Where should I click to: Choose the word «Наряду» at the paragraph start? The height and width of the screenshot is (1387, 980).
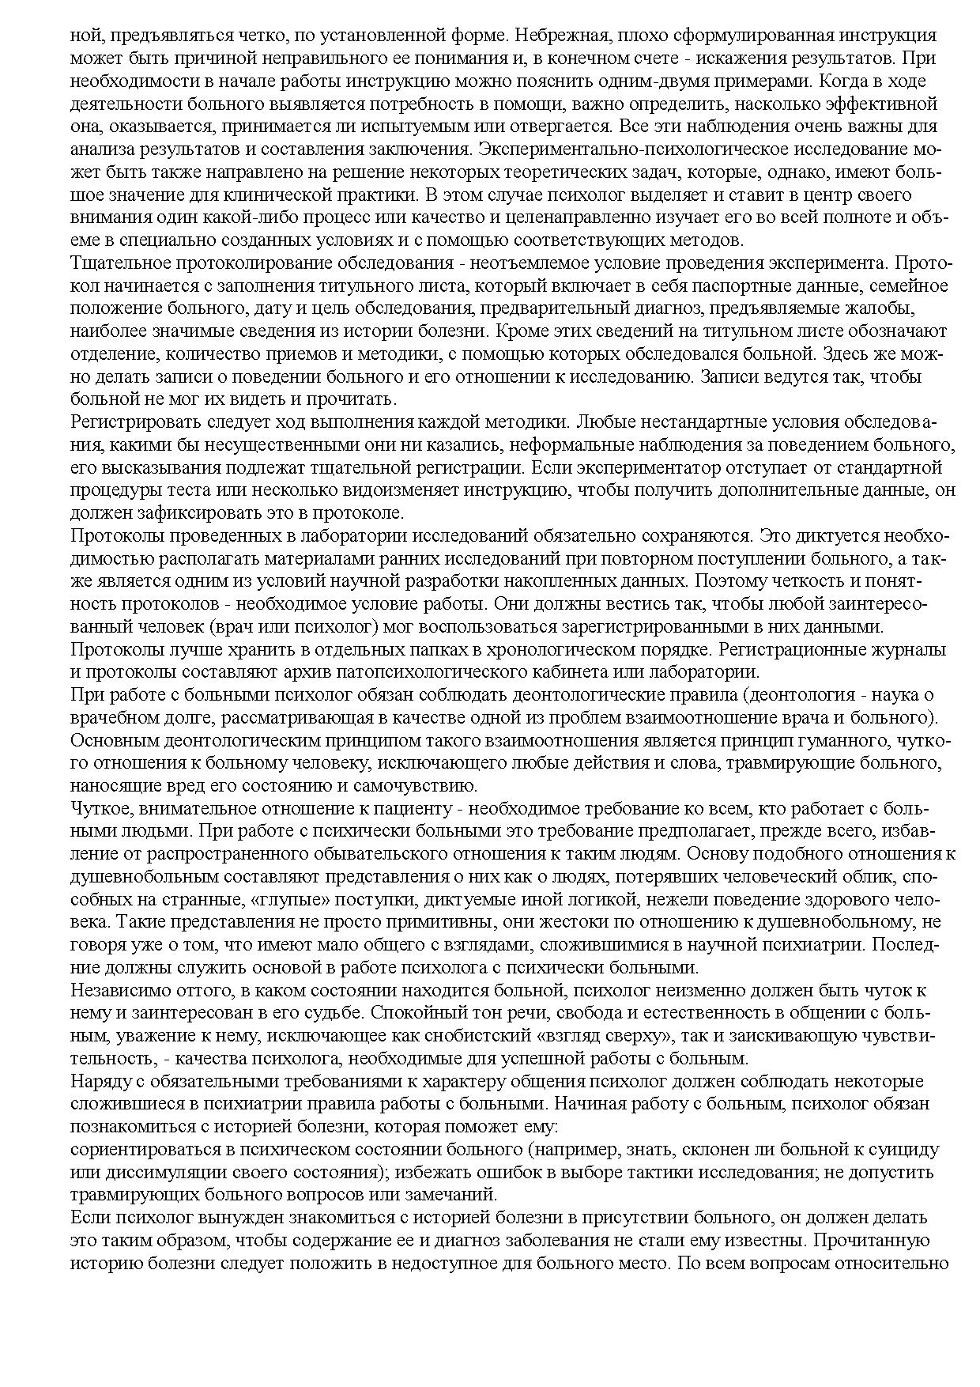96,1083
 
